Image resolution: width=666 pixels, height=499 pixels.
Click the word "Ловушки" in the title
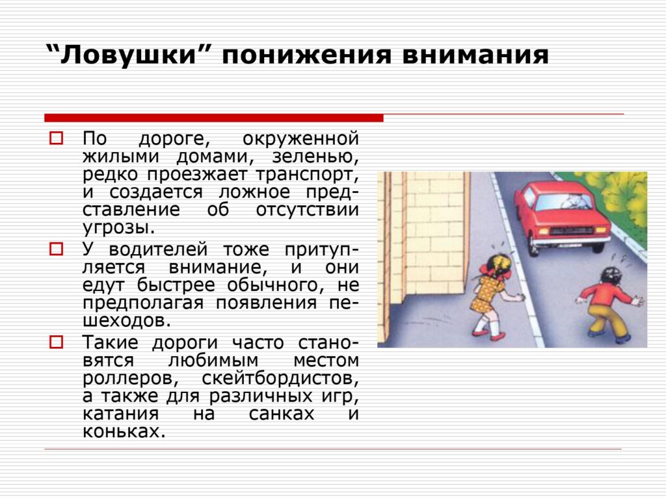pyautogui.click(x=127, y=55)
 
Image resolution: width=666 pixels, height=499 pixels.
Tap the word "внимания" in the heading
pyautogui.click(x=475, y=55)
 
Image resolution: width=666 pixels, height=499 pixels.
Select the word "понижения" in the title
pyautogui.click(x=306, y=55)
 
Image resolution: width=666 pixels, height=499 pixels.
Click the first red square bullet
pyautogui.click(x=56, y=138)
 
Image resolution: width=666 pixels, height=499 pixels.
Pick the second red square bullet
pyautogui.click(x=56, y=249)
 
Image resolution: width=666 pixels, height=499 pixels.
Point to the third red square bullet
pyautogui.click(x=56, y=342)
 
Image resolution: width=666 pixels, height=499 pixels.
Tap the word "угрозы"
pyautogui.click(x=119, y=228)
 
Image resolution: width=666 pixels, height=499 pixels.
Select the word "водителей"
pyautogui.click(x=159, y=249)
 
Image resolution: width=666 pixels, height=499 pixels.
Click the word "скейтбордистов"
pyautogui.click(x=280, y=378)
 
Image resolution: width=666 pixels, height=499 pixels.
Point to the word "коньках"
pyautogui.click(x=124, y=431)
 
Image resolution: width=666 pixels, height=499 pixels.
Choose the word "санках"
pyautogui.click(x=282, y=414)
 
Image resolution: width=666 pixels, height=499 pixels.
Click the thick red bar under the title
pyautogui.click(x=213, y=118)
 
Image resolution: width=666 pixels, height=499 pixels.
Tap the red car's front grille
pyautogui.click(x=571, y=231)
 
